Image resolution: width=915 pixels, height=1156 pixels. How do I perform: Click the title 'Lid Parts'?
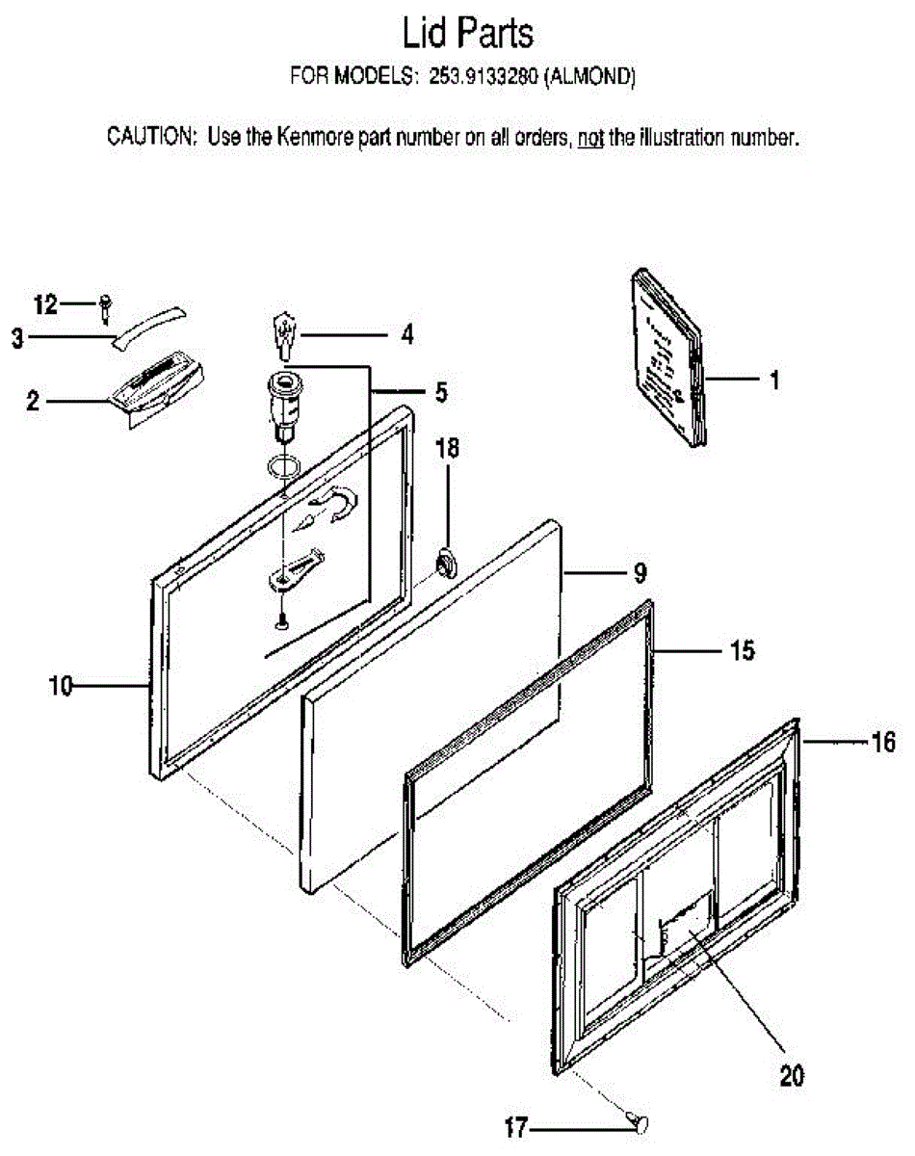point(468,33)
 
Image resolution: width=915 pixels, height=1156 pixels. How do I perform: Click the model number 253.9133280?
point(483,76)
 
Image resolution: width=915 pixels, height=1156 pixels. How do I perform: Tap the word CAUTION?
point(150,137)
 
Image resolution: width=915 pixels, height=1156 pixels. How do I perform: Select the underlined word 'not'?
point(590,139)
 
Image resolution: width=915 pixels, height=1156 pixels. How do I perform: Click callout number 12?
point(45,304)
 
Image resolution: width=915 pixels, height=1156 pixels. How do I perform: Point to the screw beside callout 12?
point(106,309)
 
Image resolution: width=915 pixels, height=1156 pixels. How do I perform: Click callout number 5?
point(441,392)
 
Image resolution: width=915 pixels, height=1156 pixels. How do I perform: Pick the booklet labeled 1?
point(667,357)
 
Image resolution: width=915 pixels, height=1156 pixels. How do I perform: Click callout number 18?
point(447,448)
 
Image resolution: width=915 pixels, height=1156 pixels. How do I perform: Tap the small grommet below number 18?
point(446,564)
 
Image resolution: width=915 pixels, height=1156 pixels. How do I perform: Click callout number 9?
point(640,574)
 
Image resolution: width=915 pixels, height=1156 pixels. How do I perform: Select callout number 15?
point(742,650)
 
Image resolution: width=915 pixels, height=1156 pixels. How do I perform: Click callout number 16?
point(883,743)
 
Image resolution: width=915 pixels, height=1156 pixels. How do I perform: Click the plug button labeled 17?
point(640,1123)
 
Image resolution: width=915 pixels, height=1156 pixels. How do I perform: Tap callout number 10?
point(60,687)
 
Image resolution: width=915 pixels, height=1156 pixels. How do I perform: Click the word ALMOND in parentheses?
point(590,76)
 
